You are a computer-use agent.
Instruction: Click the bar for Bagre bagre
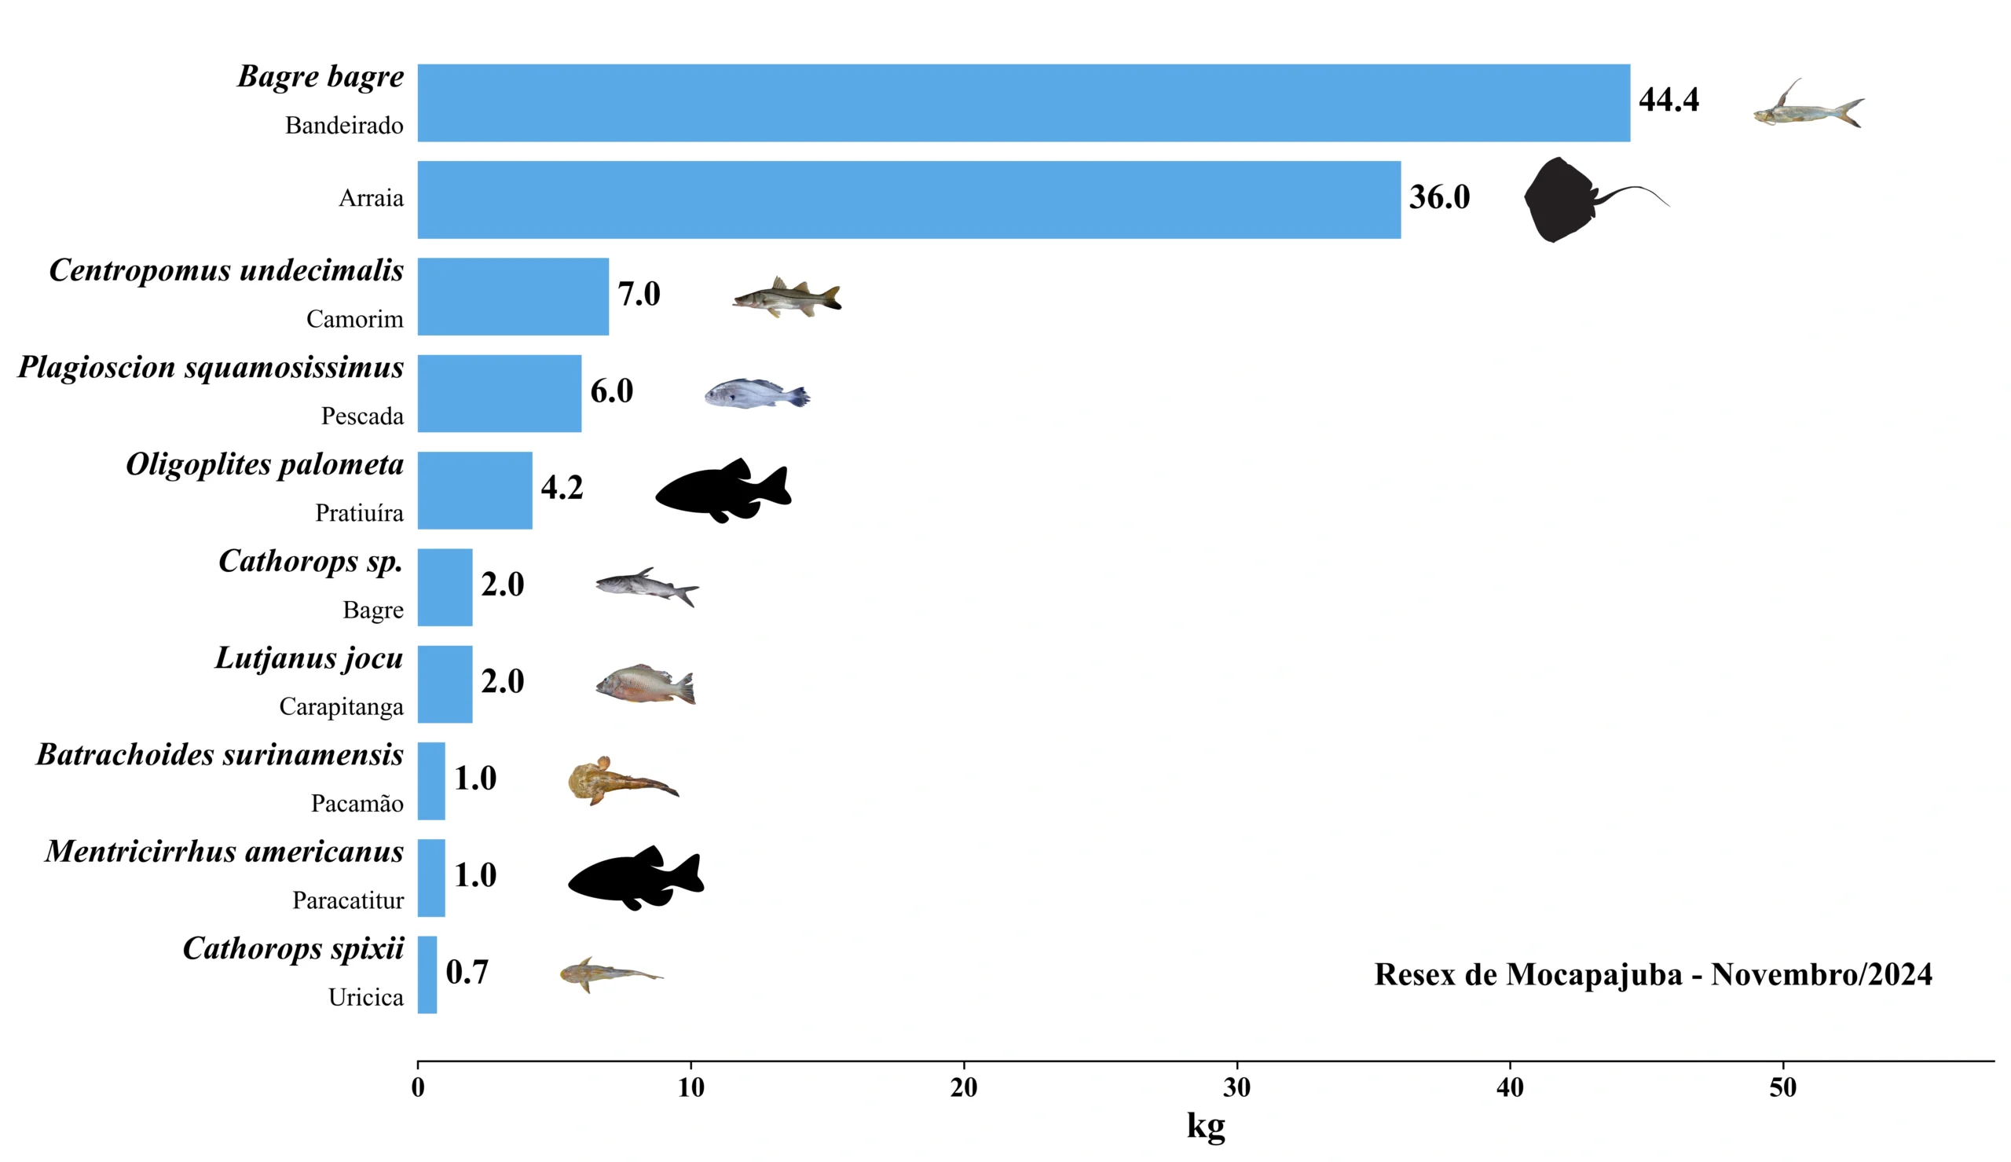click(x=1023, y=103)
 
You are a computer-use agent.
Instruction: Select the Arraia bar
click(x=909, y=200)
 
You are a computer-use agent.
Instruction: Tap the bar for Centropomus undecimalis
click(x=513, y=296)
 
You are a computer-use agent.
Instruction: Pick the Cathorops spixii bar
click(x=427, y=974)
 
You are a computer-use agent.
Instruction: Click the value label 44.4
click(x=1668, y=101)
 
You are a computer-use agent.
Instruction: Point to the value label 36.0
click(x=1438, y=198)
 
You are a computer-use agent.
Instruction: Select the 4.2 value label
click(x=562, y=488)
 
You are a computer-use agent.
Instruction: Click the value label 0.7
click(x=467, y=973)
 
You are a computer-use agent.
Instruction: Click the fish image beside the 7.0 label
click(x=786, y=298)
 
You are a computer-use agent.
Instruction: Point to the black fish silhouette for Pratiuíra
click(x=723, y=490)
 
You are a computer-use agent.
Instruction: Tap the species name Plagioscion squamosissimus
click(x=211, y=368)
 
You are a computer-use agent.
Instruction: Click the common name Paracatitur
click(x=348, y=901)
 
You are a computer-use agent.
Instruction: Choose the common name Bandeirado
click(x=344, y=126)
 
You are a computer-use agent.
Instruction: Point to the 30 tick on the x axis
click(x=1236, y=1087)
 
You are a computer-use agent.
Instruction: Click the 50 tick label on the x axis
click(x=1783, y=1087)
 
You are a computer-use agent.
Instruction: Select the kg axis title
click(x=1205, y=1126)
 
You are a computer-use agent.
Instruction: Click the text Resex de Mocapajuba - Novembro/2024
click(x=1653, y=974)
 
